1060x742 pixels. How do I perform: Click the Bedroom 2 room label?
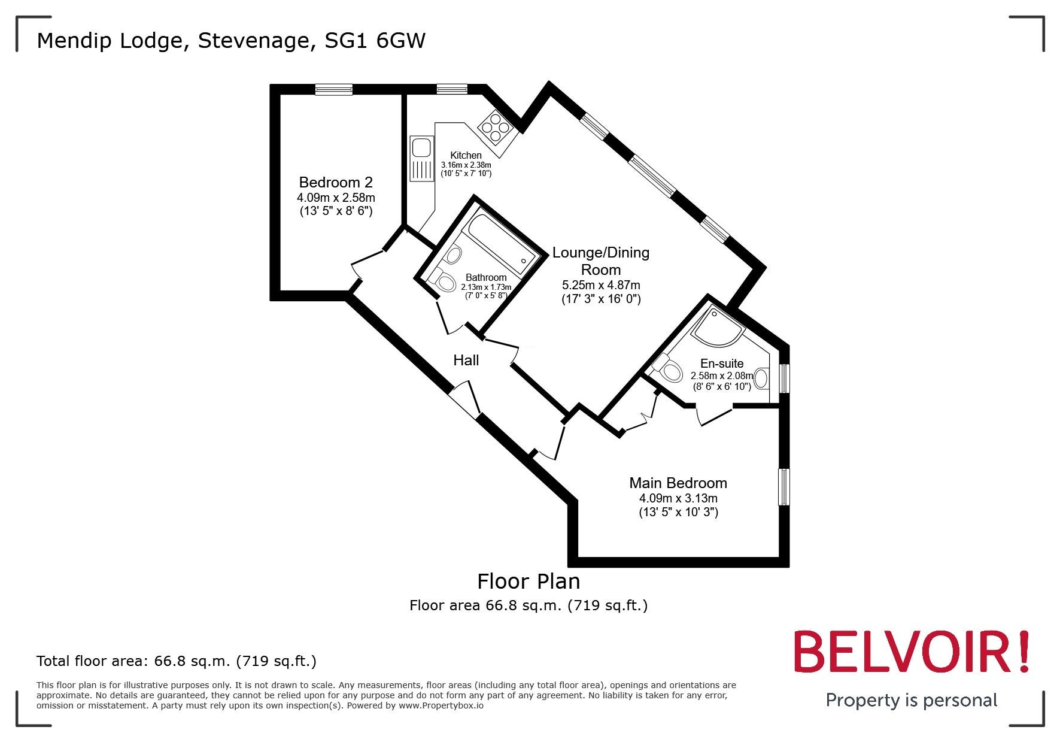[336, 182]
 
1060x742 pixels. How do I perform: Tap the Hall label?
[466, 360]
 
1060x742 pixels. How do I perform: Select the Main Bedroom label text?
[678, 483]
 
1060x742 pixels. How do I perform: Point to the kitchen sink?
[421, 158]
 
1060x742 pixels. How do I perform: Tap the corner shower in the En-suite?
[719, 326]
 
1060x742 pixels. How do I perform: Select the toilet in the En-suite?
[667, 368]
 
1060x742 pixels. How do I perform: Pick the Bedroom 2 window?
[334, 90]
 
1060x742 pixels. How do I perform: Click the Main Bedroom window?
[784, 487]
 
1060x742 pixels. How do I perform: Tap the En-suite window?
[784, 378]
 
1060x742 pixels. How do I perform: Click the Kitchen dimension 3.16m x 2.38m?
[466, 165]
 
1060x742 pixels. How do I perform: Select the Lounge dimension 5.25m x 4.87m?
[601, 285]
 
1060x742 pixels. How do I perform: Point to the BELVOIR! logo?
[913, 652]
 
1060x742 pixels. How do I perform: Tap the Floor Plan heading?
[529, 581]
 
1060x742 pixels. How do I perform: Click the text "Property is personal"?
[912, 700]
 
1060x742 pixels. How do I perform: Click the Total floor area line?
[177, 661]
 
